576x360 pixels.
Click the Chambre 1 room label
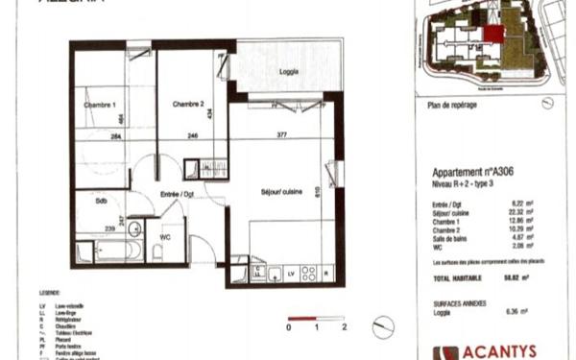[101, 105]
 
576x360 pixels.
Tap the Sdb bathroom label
[101, 203]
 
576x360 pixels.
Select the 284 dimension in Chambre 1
[115, 136]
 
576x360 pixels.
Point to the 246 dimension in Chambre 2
[193, 136]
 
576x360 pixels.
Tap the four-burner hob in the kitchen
[309, 273]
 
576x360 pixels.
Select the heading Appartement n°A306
[469, 173]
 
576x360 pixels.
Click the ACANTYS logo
[490, 351]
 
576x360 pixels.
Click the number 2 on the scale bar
[343, 328]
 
